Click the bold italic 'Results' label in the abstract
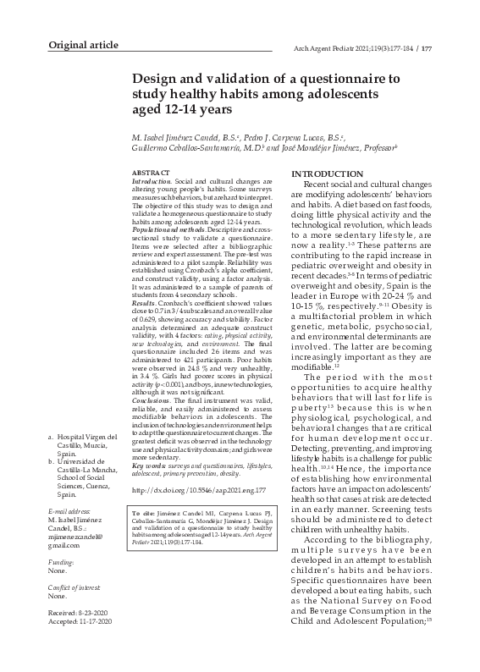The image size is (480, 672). pyautogui.click(x=144, y=301)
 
